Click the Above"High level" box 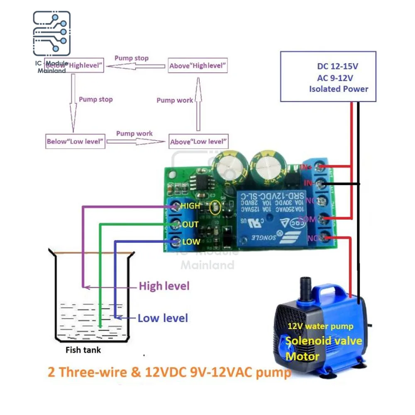pyautogui.click(x=198, y=65)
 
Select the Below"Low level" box pyautogui.click(x=75, y=141)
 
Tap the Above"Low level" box pyautogui.click(x=198, y=142)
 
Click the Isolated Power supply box pyautogui.click(x=328, y=76)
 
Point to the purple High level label pyautogui.click(x=164, y=286)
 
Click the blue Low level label pyautogui.click(x=163, y=318)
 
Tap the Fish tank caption pyautogui.click(x=83, y=350)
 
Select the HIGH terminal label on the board pyautogui.click(x=190, y=205)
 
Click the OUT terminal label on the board pyautogui.click(x=190, y=225)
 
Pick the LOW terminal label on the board pyautogui.click(x=191, y=242)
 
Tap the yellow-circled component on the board pyautogui.click(x=215, y=207)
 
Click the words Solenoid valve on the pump pyautogui.click(x=324, y=342)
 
